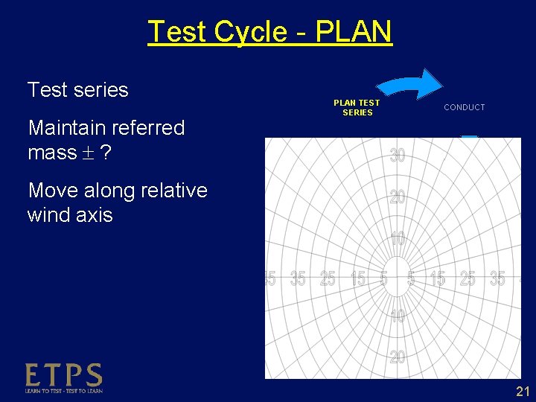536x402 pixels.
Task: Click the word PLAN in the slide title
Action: point(354,32)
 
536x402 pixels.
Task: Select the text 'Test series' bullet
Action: point(77,90)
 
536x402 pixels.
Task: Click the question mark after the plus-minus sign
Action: point(106,153)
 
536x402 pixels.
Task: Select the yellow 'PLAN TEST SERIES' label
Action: point(357,107)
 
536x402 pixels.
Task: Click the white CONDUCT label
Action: point(464,107)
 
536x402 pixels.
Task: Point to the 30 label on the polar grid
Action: point(398,156)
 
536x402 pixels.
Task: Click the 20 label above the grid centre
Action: point(398,197)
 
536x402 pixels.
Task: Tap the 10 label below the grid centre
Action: point(398,316)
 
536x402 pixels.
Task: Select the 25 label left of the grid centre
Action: point(328,279)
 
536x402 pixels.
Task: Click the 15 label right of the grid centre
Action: point(438,279)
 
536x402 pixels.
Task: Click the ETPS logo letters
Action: point(63,375)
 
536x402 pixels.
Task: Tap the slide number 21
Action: point(523,392)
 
